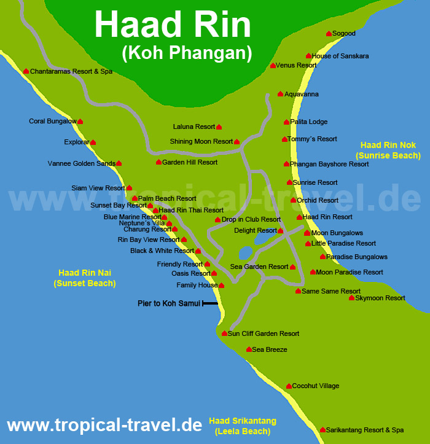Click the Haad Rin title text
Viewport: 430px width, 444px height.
tap(173, 26)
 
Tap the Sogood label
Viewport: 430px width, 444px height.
tap(344, 34)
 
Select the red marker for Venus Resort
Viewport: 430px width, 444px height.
tap(273, 66)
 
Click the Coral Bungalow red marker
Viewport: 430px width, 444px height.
tap(80, 122)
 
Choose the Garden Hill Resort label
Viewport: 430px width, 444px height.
tap(190, 163)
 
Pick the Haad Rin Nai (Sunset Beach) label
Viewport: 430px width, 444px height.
tap(85, 278)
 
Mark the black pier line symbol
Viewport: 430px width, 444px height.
tap(210, 303)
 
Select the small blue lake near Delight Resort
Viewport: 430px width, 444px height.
tap(245, 252)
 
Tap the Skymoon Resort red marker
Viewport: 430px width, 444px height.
tap(351, 298)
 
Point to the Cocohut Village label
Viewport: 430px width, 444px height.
tap(316, 386)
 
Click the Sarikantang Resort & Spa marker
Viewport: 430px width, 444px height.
tap(322, 430)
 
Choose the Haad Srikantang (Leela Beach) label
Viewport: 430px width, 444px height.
tap(243, 426)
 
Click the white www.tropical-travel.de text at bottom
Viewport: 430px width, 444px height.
tap(104, 425)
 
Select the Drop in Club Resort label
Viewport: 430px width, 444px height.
tap(251, 220)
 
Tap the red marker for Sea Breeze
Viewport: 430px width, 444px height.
tap(248, 349)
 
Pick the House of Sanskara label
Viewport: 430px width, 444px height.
tap(340, 56)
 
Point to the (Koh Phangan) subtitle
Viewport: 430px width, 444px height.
tap(187, 53)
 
